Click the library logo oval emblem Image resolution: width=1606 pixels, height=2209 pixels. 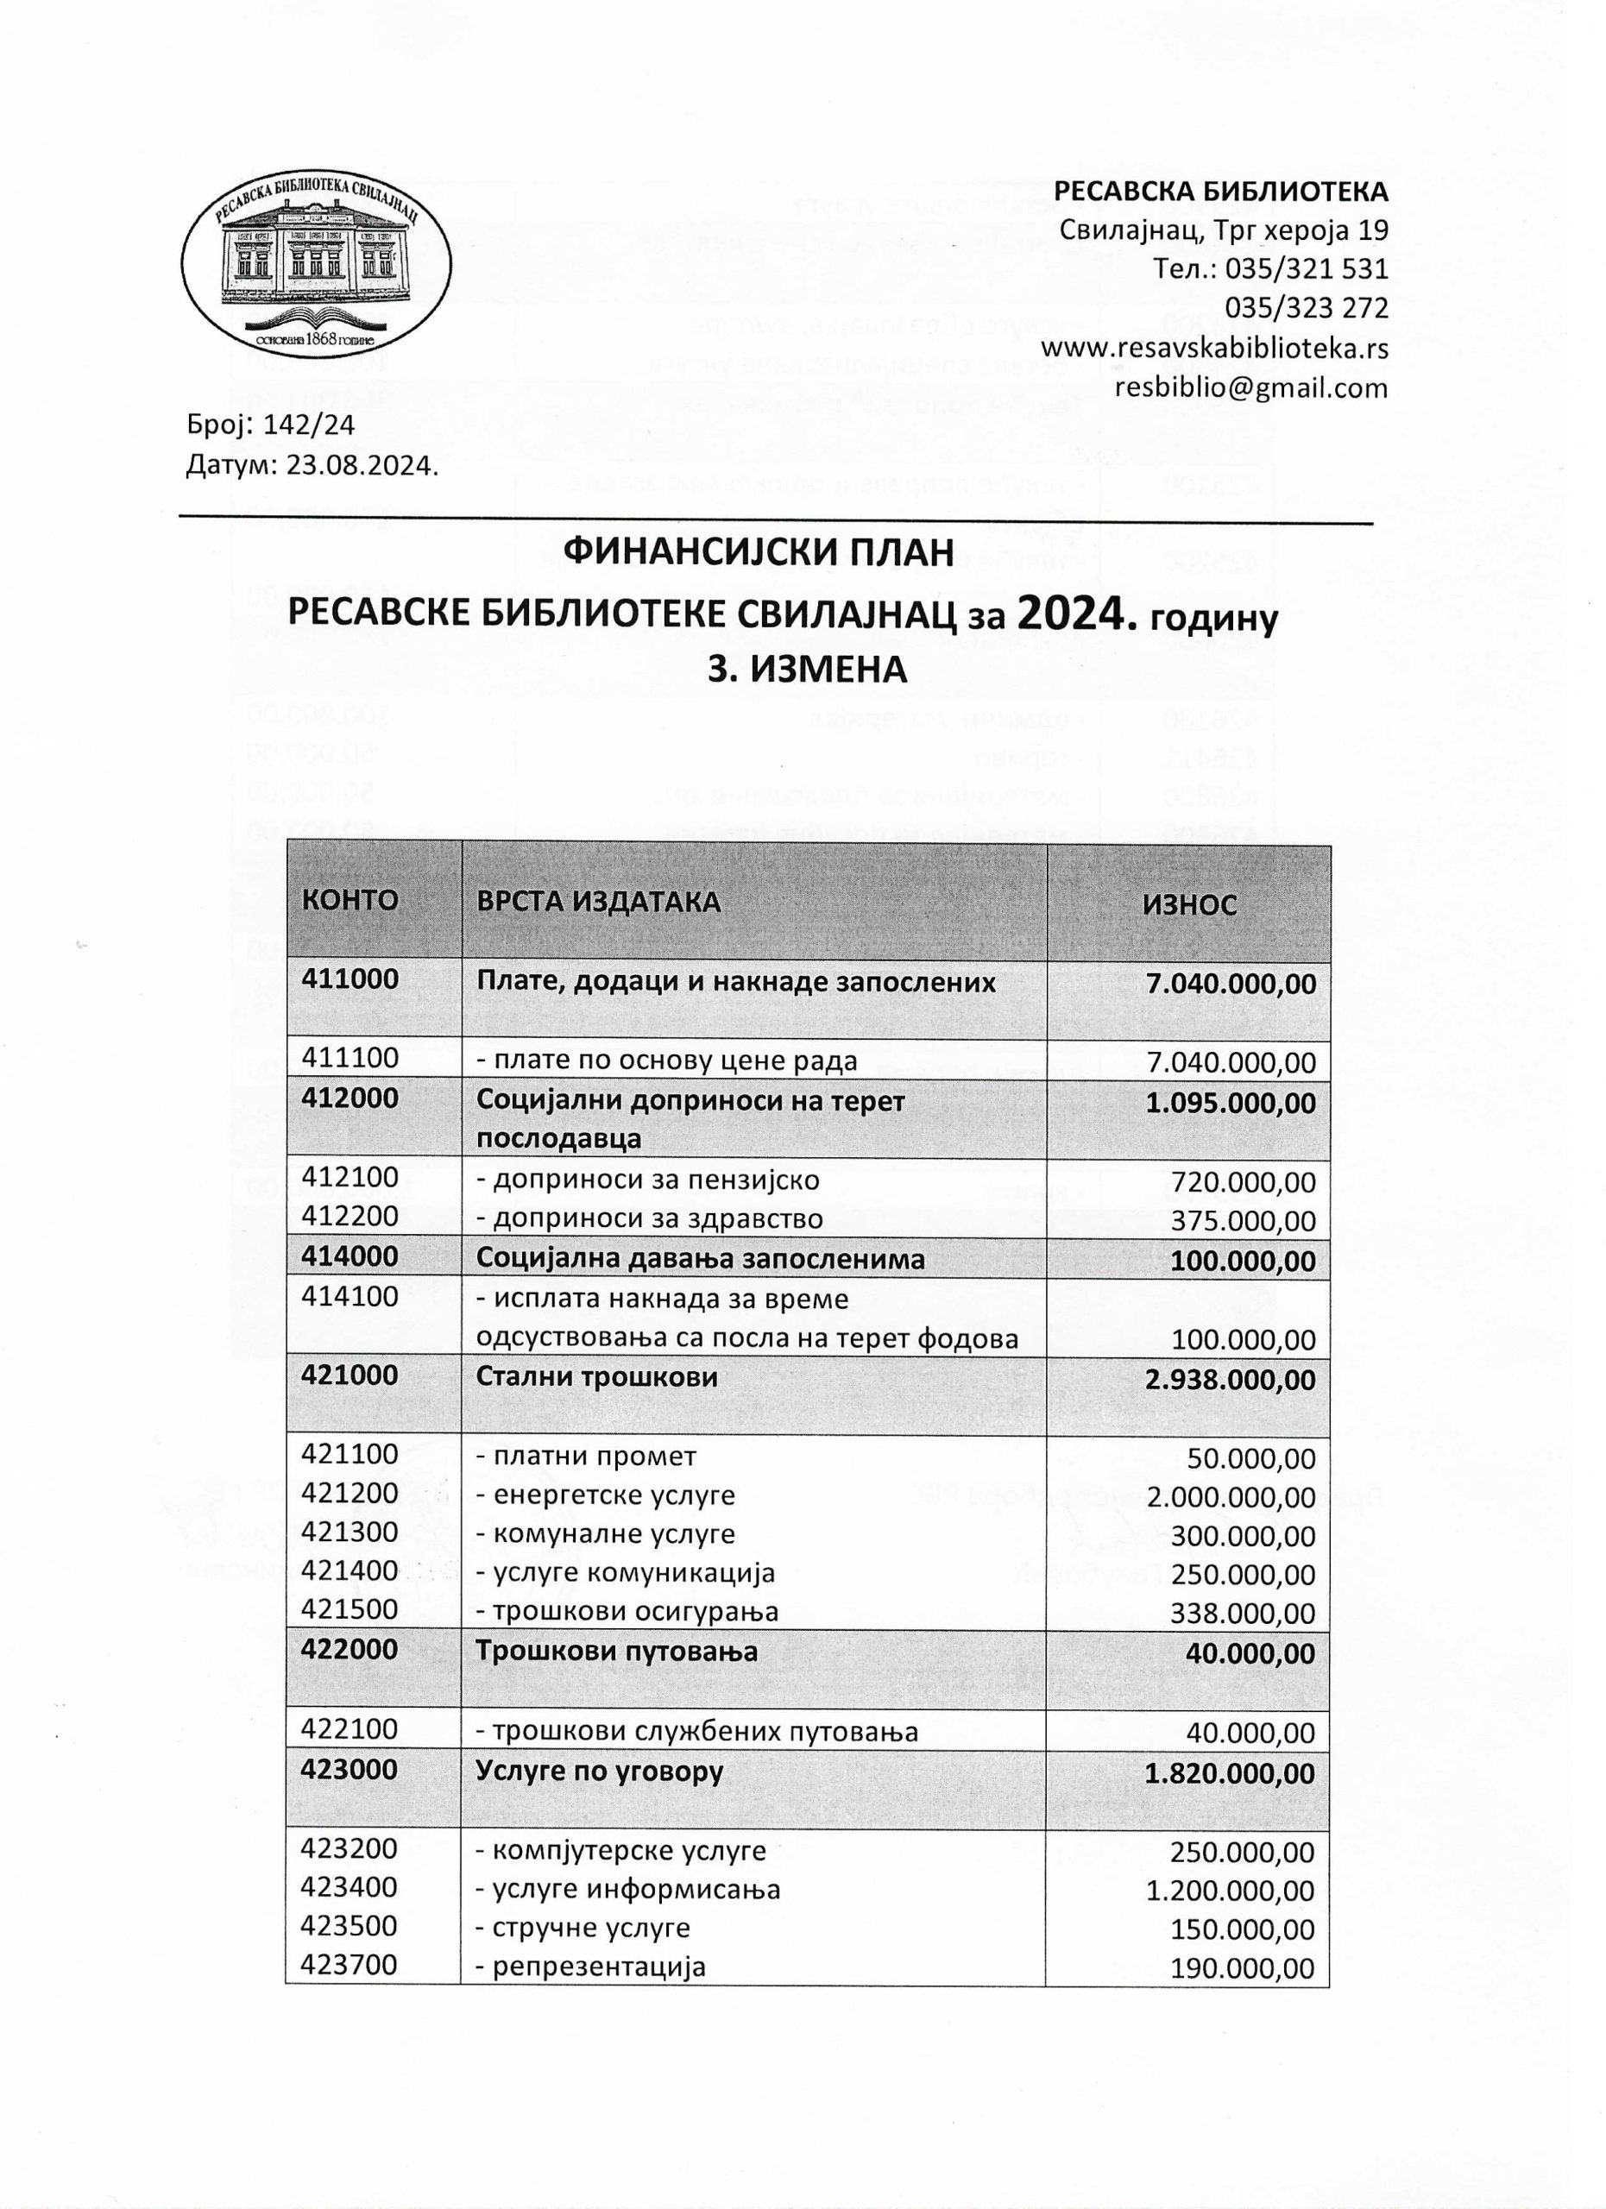pos(317,265)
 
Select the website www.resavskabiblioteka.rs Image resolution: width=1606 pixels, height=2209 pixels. pos(1214,348)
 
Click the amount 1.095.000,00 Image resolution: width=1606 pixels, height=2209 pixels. pos(1231,1104)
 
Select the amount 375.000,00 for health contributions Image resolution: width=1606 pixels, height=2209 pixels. pos(1244,1220)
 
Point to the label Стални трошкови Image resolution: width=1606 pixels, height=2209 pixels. pos(596,1377)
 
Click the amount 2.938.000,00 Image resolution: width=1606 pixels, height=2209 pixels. pos(1231,1380)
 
